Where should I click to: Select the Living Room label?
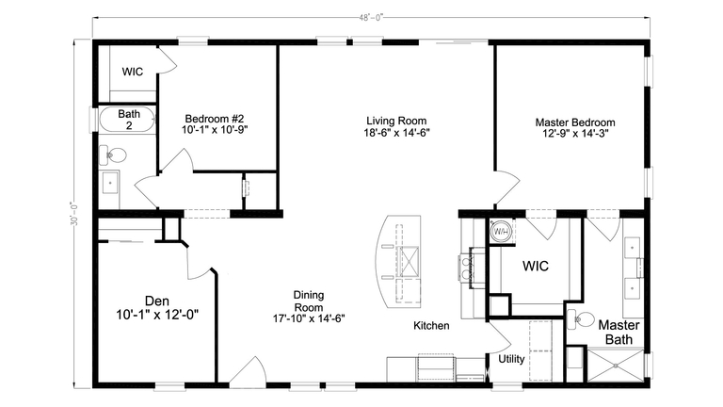(397, 122)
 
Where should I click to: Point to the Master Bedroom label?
(575, 122)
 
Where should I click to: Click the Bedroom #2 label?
(215, 118)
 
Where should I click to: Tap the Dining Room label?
(309, 301)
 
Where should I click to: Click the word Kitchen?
(431, 326)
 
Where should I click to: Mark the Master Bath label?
(619, 332)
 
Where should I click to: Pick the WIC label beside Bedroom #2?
(133, 71)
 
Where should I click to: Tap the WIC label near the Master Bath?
(536, 267)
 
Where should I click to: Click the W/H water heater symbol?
(500, 230)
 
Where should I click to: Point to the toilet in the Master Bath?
(584, 319)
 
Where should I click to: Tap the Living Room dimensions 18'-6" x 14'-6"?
(397, 134)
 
